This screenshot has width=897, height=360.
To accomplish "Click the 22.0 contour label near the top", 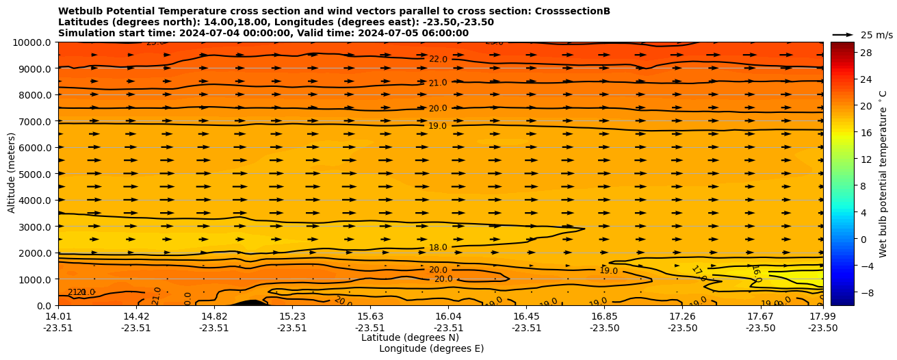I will pyautogui.click(x=438, y=60).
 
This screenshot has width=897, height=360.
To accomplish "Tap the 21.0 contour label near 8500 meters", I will pyautogui.click(x=438, y=83).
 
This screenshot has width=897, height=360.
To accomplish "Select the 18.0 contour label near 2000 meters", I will pyautogui.click(x=438, y=248).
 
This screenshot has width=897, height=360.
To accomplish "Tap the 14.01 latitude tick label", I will pyautogui.click(x=58, y=316).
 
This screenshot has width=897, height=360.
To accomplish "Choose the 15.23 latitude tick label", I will pyautogui.click(x=292, y=316).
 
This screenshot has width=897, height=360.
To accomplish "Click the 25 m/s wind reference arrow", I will pyautogui.click(x=843, y=34).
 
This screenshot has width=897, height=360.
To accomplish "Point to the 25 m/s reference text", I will pyautogui.click(x=876, y=35).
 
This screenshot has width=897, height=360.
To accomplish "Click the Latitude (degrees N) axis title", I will pyautogui.click(x=410, y=337).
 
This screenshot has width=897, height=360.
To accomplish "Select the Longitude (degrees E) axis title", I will pyautogui.click(x=431, y=348).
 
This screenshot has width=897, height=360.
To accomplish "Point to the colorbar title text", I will pyautogui.click(x=883, y=173).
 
